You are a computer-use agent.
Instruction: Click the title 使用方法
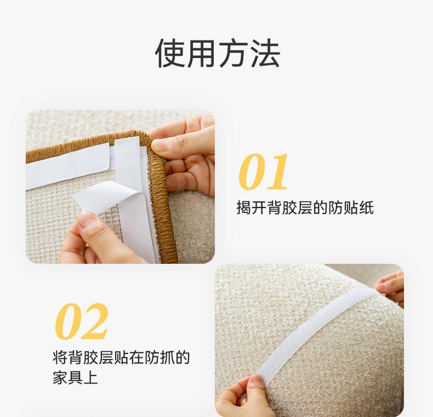pos(218,53)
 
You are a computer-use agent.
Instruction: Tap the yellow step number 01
pos(263,171)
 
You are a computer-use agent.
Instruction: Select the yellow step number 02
pos(82,321)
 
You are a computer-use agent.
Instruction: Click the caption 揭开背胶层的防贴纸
pos(305,207)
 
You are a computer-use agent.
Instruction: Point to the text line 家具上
pos(76,378)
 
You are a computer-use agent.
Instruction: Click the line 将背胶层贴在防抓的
pos(121,357)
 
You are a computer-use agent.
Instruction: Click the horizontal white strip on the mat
pos(67,166)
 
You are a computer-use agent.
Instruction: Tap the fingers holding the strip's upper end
pos(390,287)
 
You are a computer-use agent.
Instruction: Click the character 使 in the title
pos(170,53)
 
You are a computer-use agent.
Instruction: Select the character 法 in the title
pos(265,53)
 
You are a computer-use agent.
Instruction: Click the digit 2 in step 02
pos(95,321)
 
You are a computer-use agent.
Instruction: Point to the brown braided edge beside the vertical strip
pos(162,210)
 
